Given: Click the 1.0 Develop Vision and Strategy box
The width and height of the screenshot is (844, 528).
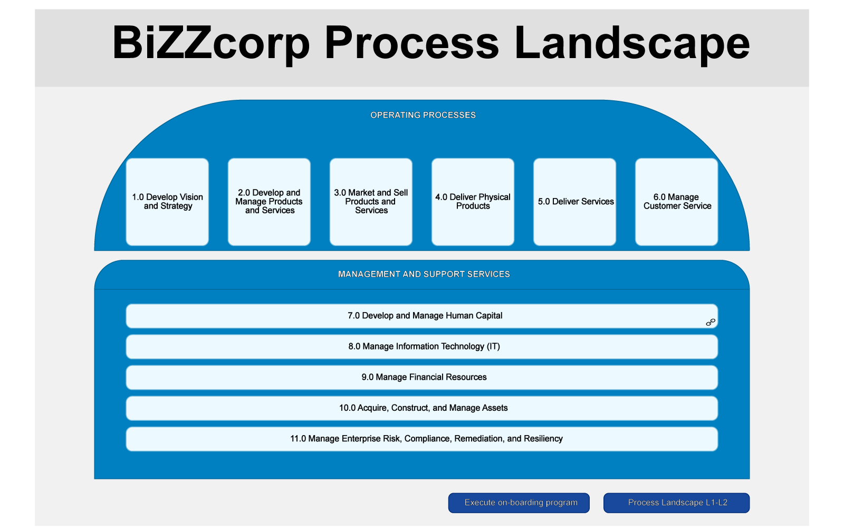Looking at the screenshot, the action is [x=167, y=202].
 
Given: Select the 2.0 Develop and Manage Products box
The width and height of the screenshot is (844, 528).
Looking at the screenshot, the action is [x=269, y=202].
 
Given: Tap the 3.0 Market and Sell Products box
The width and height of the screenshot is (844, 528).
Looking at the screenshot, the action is [x=371, y=202].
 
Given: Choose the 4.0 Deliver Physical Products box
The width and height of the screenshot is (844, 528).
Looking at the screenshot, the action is [x=473, y=202].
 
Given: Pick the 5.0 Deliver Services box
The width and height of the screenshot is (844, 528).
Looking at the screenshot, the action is [x=574, y=202].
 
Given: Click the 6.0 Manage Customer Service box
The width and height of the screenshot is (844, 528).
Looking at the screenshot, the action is [x=677, y=202].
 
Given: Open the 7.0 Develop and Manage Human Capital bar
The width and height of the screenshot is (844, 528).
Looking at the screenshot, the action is [x=422, y=316].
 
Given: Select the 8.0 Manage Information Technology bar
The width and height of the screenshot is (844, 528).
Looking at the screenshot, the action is [x=422, y=346].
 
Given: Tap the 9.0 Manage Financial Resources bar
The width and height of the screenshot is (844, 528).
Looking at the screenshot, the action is [x=422, y=378].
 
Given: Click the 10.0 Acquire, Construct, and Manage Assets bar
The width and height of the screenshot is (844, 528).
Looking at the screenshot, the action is [x=422, y=408].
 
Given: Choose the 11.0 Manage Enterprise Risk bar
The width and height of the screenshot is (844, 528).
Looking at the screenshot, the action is [x=422, y=439].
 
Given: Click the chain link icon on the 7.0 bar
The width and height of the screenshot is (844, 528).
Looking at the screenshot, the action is [x=711, y=322].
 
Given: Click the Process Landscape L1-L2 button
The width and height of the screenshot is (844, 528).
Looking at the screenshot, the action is [x=676, y=503].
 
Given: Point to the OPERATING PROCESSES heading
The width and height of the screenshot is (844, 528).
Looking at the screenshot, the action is [x=423, y=115].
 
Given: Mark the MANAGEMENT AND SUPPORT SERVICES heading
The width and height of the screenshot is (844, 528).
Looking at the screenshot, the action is [x=424, y=274].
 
